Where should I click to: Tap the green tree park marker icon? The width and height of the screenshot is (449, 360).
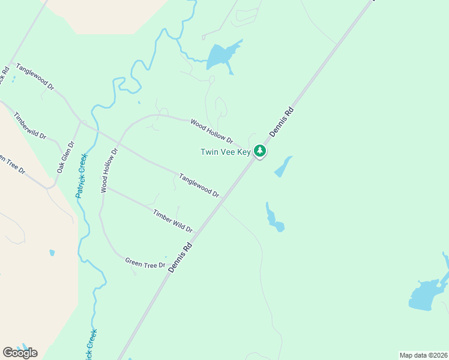point(260,151)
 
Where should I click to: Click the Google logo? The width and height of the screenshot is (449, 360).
point(20,353)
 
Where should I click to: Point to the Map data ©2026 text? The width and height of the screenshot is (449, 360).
point(423,355)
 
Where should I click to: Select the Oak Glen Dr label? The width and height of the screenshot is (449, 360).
point(65,157)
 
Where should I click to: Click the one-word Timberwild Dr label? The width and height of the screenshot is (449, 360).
point(30,125)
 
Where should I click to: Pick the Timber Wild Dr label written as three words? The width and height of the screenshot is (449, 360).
point(173,221)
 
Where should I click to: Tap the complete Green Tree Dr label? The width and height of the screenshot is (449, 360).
point(145,263)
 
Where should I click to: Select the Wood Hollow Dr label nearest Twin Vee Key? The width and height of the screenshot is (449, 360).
point(211,131)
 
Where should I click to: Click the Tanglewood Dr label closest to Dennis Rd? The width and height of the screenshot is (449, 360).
point(199,185)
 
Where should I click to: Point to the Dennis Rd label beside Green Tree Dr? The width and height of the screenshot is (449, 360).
point(180,257)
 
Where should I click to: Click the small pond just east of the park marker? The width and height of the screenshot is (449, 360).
point(283,167)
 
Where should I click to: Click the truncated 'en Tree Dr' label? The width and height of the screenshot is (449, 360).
point(12,164)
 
